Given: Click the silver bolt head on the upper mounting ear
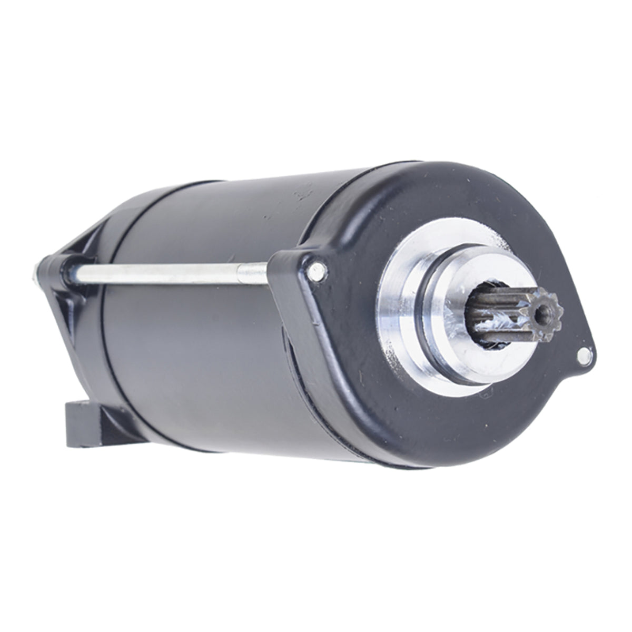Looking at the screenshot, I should click(315, 272).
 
